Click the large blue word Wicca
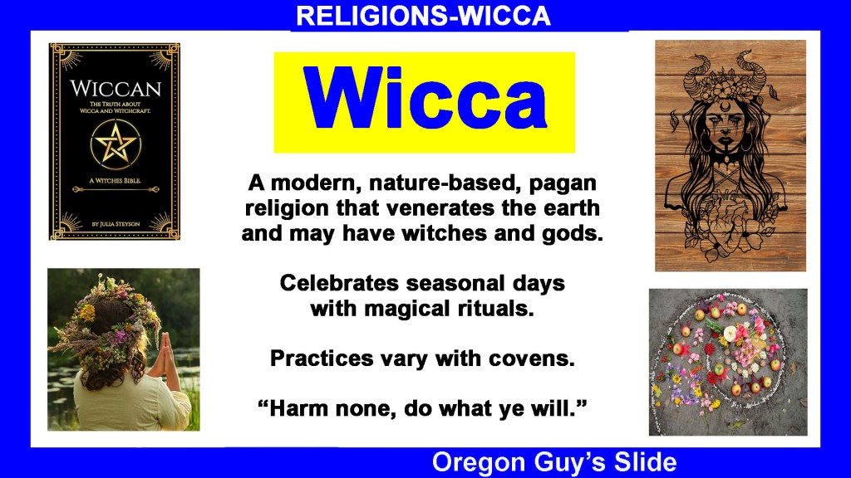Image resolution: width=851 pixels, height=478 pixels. click(x=425, y=99)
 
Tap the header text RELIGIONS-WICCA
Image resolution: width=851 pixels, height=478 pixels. click(x=423, y=16)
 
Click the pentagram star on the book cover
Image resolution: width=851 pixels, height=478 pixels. click(x=115, y=144)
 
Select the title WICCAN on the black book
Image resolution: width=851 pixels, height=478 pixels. click(x=116, y=89)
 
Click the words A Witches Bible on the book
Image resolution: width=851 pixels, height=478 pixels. click(x=115, y=180)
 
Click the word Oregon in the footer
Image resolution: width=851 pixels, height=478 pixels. click(x=479, y=462)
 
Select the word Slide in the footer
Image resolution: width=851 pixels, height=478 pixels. click(x=645, y=461)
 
